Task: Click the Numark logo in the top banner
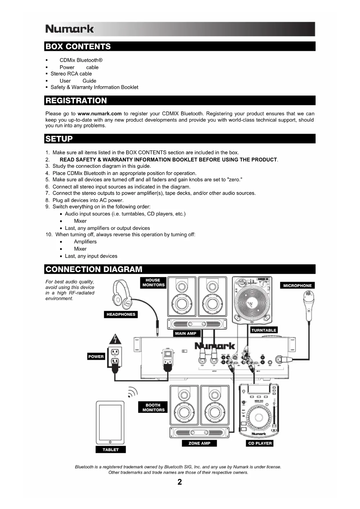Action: coord(70,29)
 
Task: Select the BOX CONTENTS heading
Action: coord(78,46)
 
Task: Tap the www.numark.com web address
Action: coord(100,113)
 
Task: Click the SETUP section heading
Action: coord(59,139)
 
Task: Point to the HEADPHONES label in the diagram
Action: coord(121,314)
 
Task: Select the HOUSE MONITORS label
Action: coord(153,282)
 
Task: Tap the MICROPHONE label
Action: coord(297,286)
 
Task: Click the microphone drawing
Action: coord(309,305)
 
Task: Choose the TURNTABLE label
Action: coord(264,330)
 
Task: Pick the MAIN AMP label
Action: coord(186,333)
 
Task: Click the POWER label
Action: coord(96,357)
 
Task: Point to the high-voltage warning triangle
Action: coord(115,339)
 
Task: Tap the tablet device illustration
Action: coord(110,422)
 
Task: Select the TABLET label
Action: coord(111,450)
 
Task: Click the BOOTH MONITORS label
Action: coord(153,407)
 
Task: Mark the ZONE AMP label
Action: coord(199,443)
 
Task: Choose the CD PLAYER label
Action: coord(260,443)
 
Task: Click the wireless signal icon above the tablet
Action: coord(133,392)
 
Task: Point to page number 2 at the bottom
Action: coord(180,482)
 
